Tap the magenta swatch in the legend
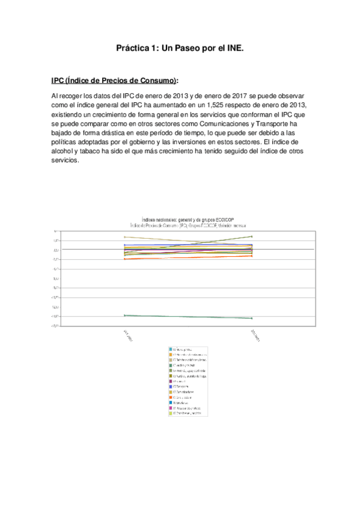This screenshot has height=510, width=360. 171,408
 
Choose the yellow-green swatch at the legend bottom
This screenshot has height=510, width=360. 171,414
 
